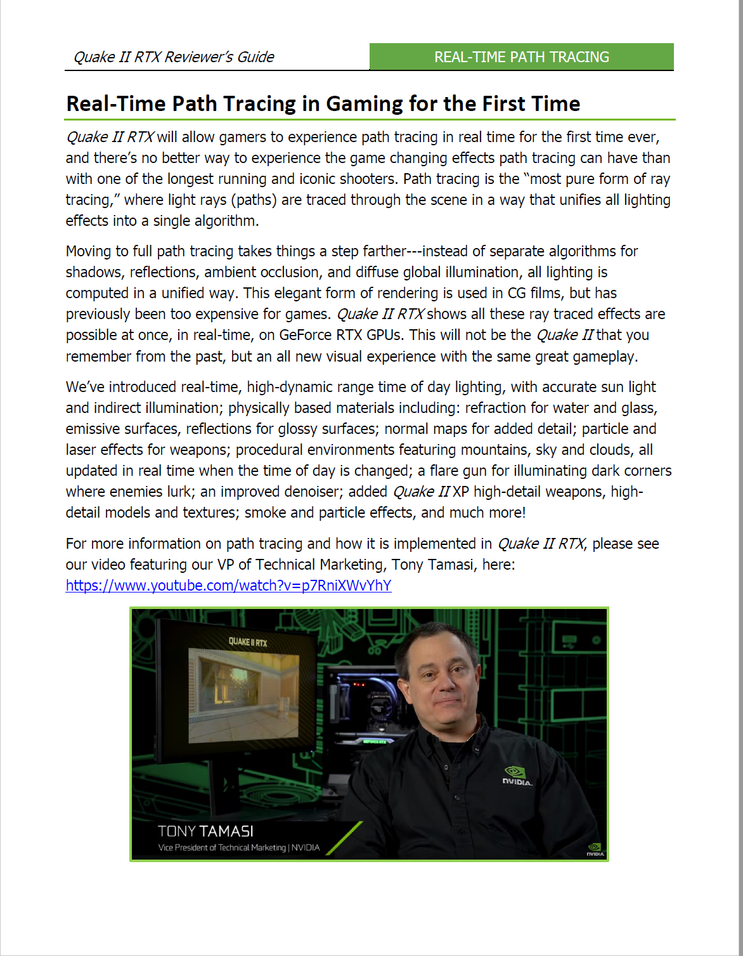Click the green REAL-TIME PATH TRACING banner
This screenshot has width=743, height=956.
coord(521,57)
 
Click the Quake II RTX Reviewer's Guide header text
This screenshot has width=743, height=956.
coord(174,57)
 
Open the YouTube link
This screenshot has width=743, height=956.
coord(228,586)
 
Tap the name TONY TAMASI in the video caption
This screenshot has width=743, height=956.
coord(205,831)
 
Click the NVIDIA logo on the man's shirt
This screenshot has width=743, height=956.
coord(517,776)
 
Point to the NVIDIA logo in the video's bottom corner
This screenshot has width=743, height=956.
coord(595,849)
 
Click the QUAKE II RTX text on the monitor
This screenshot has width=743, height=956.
coord(248,642)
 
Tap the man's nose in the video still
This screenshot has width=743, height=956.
coord(443,680)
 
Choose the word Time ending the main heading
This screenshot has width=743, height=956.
coord(555,103)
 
